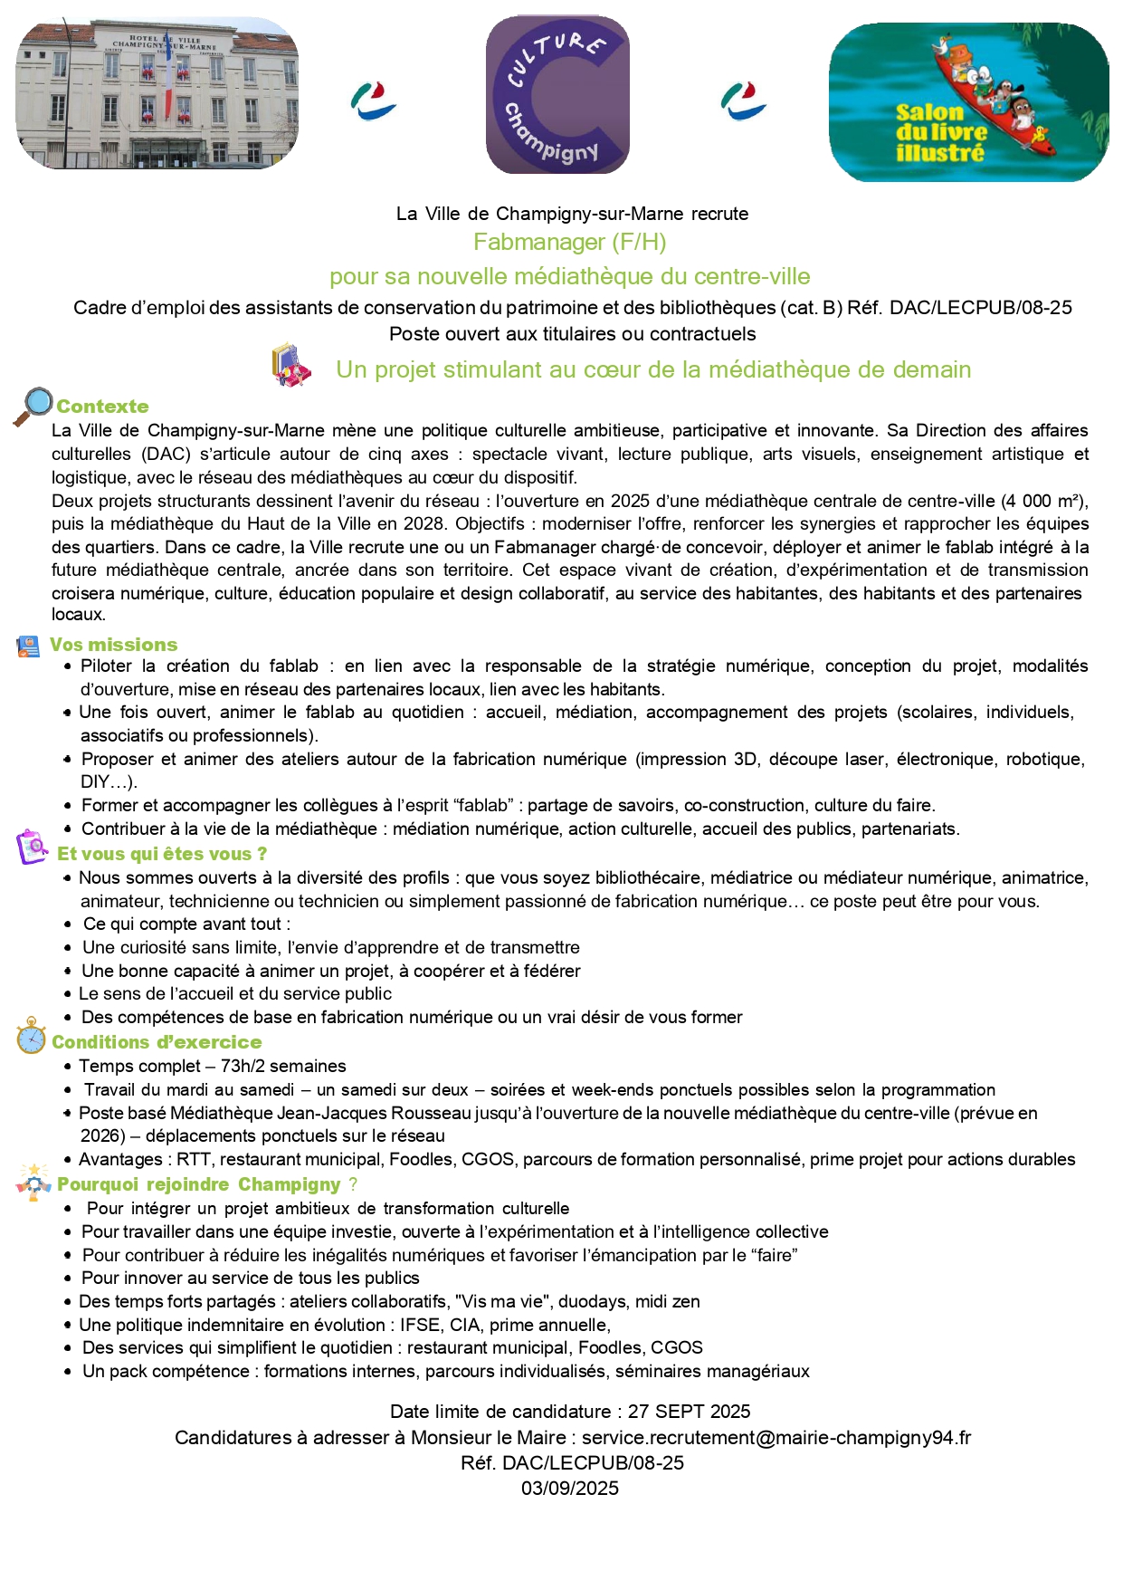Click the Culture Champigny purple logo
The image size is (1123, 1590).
point(557,94)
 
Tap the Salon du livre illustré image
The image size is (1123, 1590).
point(968,102)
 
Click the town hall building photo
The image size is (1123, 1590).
point(157,93)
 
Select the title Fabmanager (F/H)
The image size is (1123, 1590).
point(569,242)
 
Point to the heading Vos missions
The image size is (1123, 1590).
point(113,645)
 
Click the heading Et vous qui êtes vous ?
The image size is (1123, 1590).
point(162,854)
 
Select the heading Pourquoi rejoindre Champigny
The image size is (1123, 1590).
point(199,1184)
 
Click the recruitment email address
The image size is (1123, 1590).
point(776,1437)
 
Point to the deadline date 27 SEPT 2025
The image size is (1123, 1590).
point(689,1412)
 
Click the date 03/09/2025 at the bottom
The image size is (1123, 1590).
point(569,1488)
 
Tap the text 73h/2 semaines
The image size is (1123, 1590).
point(283,1066)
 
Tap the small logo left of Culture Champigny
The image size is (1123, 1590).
point(373,101)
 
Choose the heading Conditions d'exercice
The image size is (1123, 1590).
point(157,1042)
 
